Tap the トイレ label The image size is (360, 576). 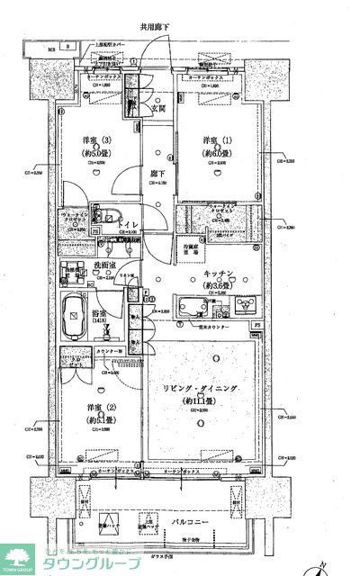click(x=128, y=227)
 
